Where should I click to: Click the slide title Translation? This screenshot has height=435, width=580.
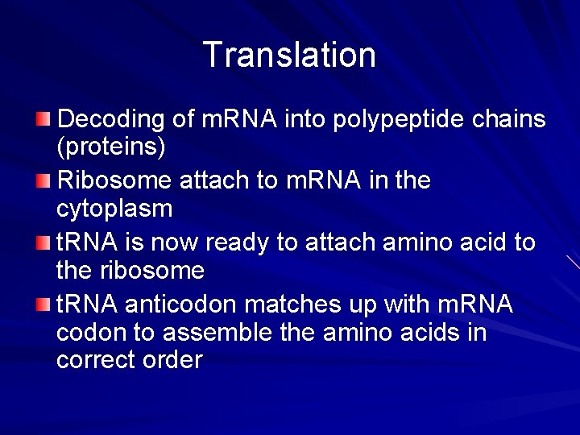pos(289,55)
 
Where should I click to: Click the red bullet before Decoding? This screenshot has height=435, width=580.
pos(43,119)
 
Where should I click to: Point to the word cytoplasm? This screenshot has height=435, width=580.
pos(114,209)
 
